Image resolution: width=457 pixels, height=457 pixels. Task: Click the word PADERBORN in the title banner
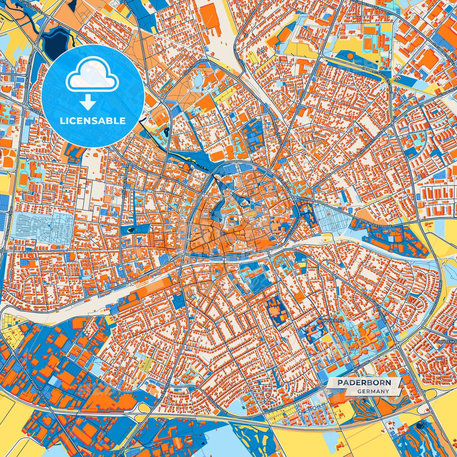click(x=364, y=383)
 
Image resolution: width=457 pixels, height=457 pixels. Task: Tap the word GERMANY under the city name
click(x=373, y=391)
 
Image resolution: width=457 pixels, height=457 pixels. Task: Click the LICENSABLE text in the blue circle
click(x=93, y=120)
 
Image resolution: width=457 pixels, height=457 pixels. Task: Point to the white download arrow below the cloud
click(x=88, y=103)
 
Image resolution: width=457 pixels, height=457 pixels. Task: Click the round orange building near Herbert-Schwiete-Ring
click(x=350, y=56)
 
